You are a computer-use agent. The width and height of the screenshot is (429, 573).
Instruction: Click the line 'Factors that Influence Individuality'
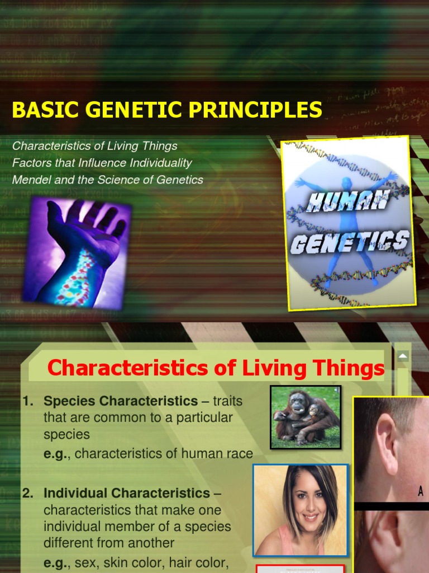click(x=102, y=163)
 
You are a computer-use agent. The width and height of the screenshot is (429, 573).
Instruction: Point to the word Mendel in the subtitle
click(x=30, y=180)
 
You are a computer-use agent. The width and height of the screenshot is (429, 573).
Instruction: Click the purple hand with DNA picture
click(x=77, y=252)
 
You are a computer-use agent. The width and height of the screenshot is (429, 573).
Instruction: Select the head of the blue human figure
click(x=347, y=184)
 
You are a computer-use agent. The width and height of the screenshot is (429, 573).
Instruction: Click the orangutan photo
click(x=305, y=417)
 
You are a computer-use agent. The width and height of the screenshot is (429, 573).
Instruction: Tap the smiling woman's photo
click(x=300, y=509)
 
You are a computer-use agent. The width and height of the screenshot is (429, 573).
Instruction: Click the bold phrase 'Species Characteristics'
click(x=121, y=401)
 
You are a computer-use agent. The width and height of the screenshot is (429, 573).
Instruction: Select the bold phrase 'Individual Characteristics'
click(x=127, y=494)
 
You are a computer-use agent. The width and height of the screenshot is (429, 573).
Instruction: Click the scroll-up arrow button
click(x=403, y=356)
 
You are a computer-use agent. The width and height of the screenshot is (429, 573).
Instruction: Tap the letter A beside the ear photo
click(x=420, y=492)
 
